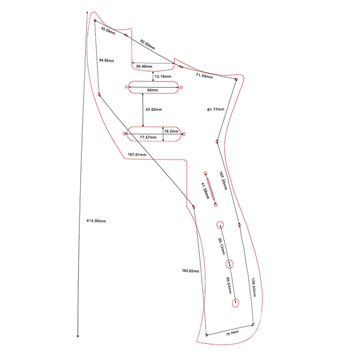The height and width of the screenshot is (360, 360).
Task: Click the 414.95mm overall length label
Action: point(96,221)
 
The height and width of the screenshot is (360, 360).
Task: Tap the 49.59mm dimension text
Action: point(108,30)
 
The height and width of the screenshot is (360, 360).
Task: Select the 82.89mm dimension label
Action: point(148,44)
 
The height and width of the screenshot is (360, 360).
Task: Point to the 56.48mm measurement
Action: point(144,66)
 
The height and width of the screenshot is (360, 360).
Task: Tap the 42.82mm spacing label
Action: point(153,109)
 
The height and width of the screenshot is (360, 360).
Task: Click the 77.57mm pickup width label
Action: point(148,137)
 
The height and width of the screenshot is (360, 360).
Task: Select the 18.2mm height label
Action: point(171,131)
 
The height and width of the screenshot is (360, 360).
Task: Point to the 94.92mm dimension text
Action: point(107,60)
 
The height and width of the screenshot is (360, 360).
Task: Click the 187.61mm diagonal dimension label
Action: point(137,154)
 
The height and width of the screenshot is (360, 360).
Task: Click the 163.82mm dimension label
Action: point(190,271)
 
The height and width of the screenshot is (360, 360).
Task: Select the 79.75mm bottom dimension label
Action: point(232,333)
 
